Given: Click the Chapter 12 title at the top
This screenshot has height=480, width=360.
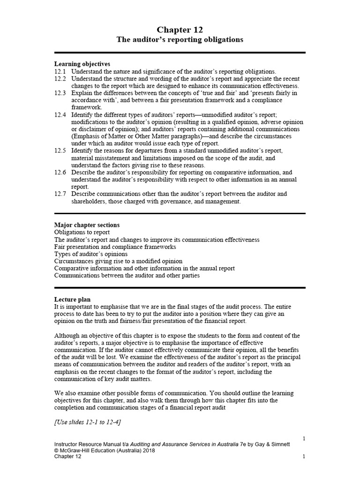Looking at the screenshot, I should coord(180,30).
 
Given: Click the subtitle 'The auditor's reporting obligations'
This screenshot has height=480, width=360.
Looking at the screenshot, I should coord(180,40).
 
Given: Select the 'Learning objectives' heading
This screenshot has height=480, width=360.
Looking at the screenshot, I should coord(82,64).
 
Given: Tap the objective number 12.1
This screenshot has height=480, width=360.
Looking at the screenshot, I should coord(60,71).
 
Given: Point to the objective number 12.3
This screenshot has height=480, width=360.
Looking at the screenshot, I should coord(60,93).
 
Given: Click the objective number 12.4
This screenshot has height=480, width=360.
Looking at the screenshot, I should coord(60,114).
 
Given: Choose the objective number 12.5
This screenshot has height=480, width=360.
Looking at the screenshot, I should coord(60,150).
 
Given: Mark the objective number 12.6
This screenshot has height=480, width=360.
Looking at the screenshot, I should coord(60,172).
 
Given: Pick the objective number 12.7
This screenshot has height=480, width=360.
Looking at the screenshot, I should coord(60,194).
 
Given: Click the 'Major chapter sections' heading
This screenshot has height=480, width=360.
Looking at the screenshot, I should coord(87,225).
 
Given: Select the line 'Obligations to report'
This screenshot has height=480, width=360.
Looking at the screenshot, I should coord(82,232).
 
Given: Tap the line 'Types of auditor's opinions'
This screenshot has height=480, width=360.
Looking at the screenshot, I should coord(91,254).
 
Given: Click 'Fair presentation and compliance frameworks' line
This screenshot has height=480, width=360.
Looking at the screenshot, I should coord(115,247).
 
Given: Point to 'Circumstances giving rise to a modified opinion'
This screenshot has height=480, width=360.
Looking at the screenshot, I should coord(119,261).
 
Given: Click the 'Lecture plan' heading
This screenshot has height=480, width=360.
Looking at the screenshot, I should coord(73,300).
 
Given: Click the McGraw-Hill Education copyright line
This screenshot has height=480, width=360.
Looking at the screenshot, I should coord(105,450).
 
